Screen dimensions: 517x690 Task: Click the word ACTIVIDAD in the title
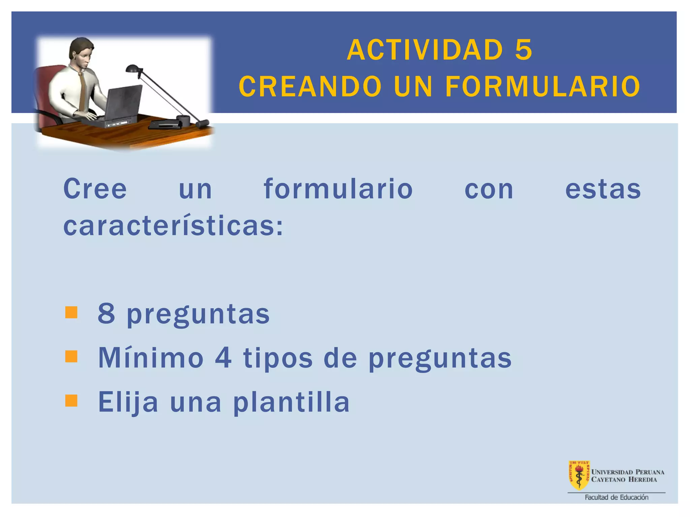pyautogui.click(x=425, y=50)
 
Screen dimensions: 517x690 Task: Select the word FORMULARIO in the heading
pyautogui.click(x=543, y=87)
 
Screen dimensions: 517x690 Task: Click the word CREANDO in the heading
pyautogui.click(x=310, y=87)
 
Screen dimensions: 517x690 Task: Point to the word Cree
pyautogui.click(x=95, y=189)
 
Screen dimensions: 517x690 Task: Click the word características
pyautogui.click(x=173, y=226)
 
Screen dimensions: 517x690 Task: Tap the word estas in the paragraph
pyautogui.click(x=603, y=189)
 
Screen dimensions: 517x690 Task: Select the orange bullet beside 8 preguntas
pyautogui.click(x=71, y=312)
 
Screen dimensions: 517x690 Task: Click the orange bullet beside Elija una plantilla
pyautogui.click(x=71, y=401)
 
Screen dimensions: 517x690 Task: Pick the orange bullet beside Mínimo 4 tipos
pyautogui.click(x=71, y=356)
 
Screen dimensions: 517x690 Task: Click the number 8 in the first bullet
pyautogui.click(x=106, y=313)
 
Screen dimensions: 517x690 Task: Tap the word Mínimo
pyautogui.click(x=151, y=357)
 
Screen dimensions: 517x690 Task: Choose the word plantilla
pyautogui.click(x=291, y=402)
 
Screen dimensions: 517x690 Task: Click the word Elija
pyautogui.click(x=128, y=402)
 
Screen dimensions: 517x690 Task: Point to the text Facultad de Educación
pyautogui.click(x=616, y=497)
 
